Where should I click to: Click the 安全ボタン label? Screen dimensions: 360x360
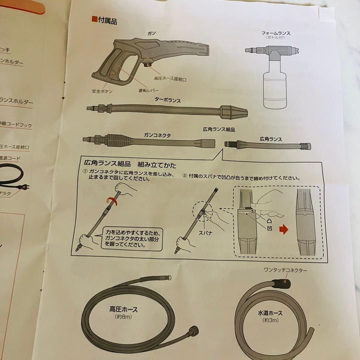coord(102,91)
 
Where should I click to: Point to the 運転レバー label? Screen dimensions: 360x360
coord(149,90)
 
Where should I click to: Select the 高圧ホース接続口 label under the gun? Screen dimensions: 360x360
coord(170,79)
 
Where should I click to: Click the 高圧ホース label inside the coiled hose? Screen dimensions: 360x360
coord(123,310)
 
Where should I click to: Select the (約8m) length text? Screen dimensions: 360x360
coord(124,317)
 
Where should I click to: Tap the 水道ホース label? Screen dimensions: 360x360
coord(270,313)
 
